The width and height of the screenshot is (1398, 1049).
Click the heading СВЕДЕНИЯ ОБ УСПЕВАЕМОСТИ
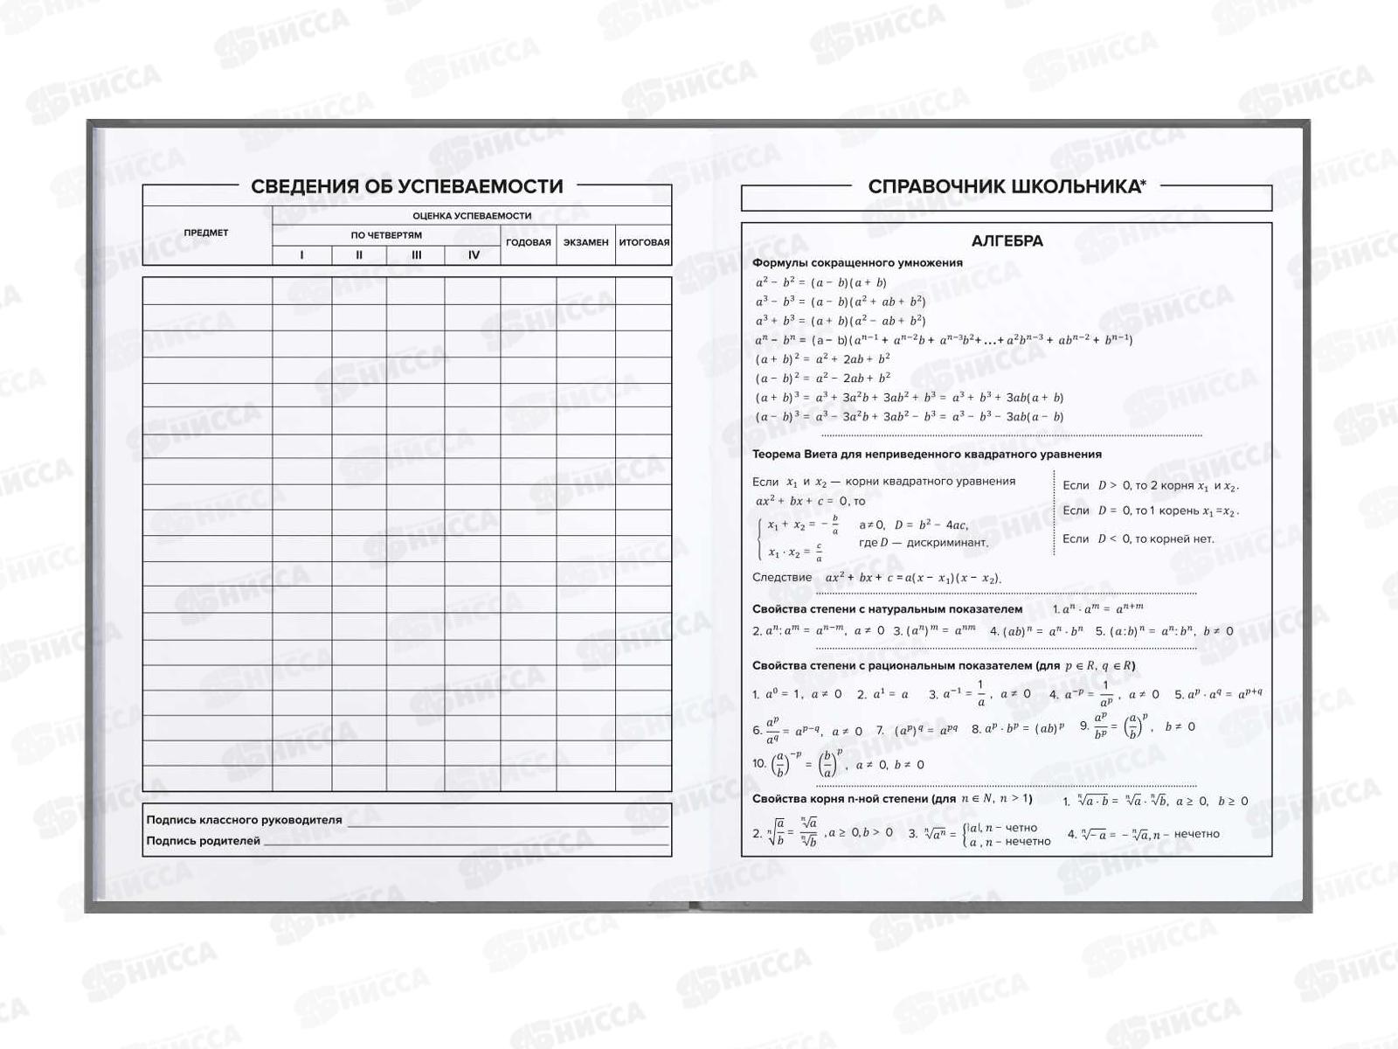point(406,186)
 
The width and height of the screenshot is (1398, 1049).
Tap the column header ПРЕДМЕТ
point(206,233)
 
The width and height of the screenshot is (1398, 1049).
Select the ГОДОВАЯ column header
point(529,242)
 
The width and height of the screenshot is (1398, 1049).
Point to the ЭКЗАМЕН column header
point(585,242)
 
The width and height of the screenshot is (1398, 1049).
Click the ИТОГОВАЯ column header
point(644,242)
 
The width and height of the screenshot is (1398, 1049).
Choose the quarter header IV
point(474,255)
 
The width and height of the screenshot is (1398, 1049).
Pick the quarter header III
point(416,255)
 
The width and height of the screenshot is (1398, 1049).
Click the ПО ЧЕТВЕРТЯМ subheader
point(386,235)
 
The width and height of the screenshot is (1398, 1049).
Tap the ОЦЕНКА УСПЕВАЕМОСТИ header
point(472,216)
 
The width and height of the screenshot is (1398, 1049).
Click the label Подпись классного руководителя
point(244,820)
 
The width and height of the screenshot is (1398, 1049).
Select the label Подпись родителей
point(203,841)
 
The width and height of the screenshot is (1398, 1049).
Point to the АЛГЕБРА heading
point(1007,241)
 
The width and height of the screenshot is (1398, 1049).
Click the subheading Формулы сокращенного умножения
point(857,262)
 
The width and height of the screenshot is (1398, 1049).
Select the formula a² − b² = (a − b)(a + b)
point(820,282)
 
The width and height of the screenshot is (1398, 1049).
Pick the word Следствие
point(782,577)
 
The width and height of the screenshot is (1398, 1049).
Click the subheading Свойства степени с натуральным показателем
point(887,609)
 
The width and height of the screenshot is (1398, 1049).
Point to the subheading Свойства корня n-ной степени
point(891,799)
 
